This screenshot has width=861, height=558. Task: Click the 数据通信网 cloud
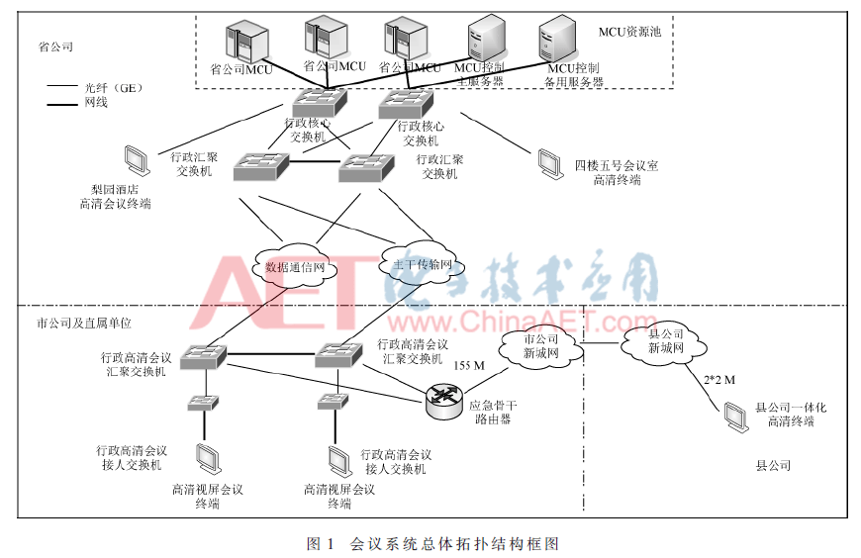click(298, 265)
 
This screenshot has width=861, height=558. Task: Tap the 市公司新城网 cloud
click(540, 346)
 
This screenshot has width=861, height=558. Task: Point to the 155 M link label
click(469, 365)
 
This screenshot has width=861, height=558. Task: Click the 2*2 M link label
click(718, 379)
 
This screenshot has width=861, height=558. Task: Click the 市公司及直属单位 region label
click(83, 323)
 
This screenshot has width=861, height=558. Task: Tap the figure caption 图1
click(323, 543)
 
